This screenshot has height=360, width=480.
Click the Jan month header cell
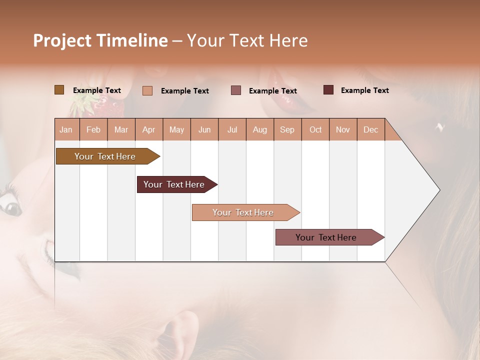66,129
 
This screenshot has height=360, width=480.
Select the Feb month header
93,129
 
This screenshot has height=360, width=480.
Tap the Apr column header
149,129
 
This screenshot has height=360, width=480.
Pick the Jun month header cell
204,129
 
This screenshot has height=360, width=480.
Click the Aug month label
260,129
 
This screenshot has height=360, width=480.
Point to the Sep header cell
287,129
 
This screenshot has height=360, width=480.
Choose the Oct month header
315,129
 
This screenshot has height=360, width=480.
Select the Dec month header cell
371,129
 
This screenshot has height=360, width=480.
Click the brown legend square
59,90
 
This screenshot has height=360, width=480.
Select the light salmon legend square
147,90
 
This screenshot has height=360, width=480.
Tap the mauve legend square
236,90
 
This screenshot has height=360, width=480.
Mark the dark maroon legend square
328,90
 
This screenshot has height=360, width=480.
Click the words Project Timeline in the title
100,40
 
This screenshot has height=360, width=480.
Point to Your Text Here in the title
247,40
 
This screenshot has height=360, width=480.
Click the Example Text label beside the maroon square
364,90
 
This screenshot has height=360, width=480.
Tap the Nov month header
343,129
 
